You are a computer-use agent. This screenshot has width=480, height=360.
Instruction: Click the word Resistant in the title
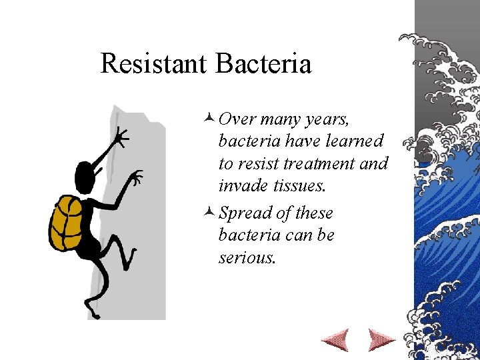[154, 64]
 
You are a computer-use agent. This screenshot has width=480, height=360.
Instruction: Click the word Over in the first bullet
[237, 119]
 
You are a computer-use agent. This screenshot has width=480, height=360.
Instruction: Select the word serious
[246, 258]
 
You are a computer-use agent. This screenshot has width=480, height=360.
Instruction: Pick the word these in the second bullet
[314, 213]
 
